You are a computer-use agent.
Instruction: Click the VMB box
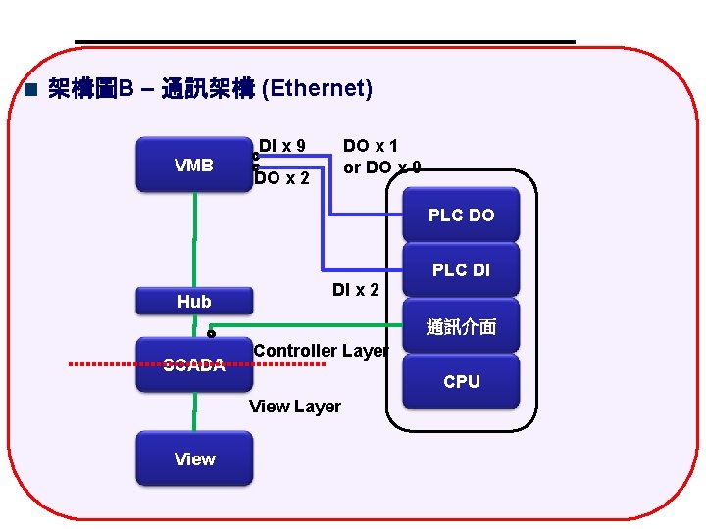pyautogui.click(x=194, y=165)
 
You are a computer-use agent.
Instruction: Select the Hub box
pyautogui.click(x=194, y=302)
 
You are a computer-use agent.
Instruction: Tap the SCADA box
pyautogui.click(x=194, y=366)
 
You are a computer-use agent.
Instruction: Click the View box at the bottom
pyautogui.click(x=194, y=458)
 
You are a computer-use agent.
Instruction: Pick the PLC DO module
pyautogui.click(x=461, y=216)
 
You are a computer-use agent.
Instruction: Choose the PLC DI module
pyautogui.click(x=461, y=270)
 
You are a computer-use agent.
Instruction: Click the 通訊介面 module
pyautogui.click(x=461, y=327)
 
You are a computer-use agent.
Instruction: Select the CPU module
pyautogui.click(x=461, y=381)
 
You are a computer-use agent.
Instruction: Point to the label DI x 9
pyautogui.click(x=282, y=146)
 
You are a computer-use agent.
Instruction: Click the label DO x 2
pyautogui.click(x=282, y=178)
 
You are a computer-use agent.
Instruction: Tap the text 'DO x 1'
pyautogui.click(x=370, y=146)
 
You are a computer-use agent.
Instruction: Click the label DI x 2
pyautogui.click(x=355, y=289)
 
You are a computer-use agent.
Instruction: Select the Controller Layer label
pyautogui.click(x=321, y=351)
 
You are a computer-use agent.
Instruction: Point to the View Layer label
pyautogui.click(x=295, y=407)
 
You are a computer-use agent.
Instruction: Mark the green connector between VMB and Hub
pyautogui.click(x=194, y=240)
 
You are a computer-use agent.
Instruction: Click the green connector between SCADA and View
pyautogui.click(x=194, y=411)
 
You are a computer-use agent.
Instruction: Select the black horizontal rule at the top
pyautogui.click(x=324, y=42)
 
